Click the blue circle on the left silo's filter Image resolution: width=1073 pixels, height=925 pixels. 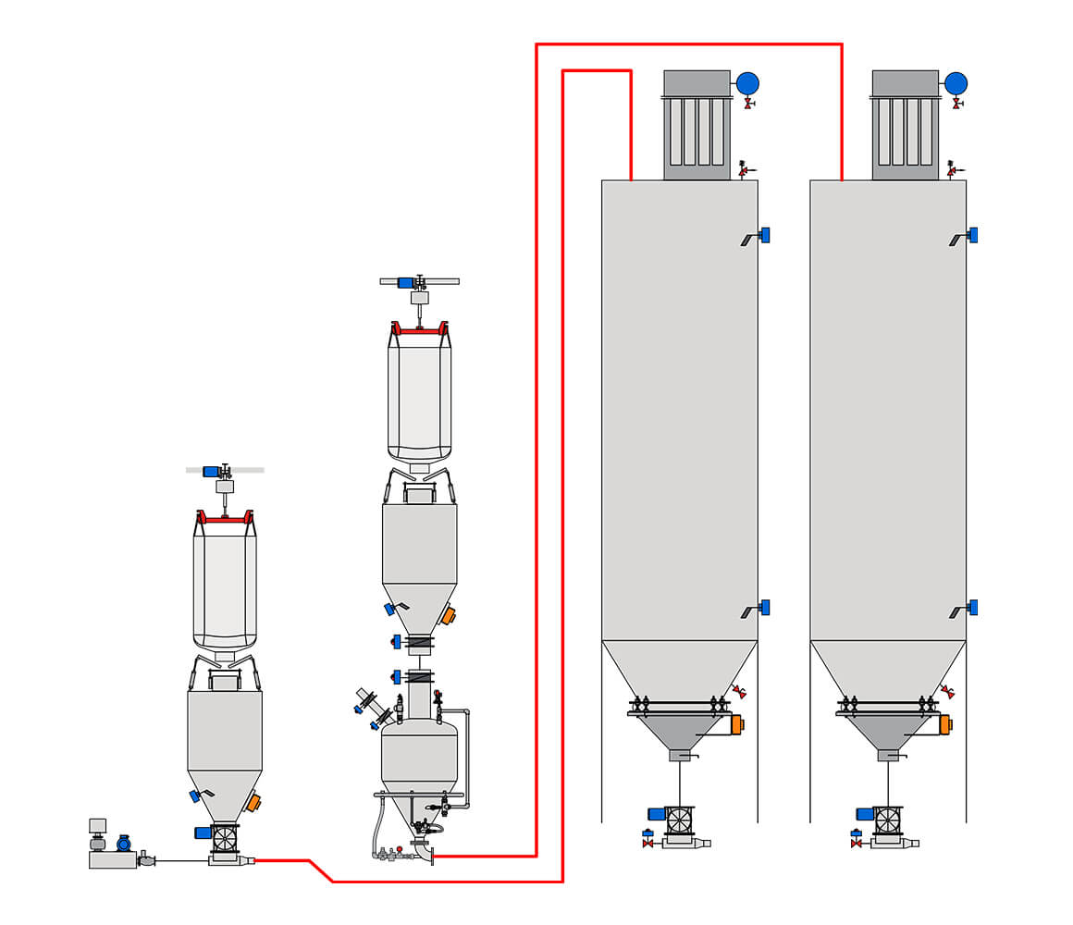(747, 83)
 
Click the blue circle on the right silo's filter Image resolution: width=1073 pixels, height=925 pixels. (956, 83)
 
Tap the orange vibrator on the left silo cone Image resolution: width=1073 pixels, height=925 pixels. (736, 724)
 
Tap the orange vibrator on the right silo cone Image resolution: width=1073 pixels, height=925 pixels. (944, 724)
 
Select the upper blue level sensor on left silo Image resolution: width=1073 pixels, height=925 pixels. (764, 235)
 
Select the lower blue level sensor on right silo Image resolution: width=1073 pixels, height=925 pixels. (972, 608)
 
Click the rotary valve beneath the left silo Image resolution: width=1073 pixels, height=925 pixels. (680, 820)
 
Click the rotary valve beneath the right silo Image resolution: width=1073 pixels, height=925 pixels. (888, 820)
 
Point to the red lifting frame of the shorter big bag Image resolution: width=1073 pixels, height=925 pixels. (225, 520)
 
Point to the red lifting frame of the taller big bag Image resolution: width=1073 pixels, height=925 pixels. (419, 328)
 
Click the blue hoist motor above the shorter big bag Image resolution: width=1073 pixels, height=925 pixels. (211, 471)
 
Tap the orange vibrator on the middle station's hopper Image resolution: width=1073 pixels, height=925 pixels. (448, 615)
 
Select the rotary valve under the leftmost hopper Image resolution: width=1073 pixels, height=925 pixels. (225, 838)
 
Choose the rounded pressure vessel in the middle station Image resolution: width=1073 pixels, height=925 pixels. (419, 754)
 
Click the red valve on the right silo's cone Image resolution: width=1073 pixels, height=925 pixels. (947, 691)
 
